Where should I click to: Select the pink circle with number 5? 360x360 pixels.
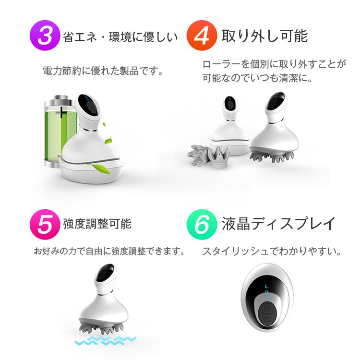[x=44, y=224]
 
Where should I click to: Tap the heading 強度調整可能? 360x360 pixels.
[x=97, y=224]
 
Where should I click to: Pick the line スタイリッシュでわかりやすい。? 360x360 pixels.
[x=272, y=251]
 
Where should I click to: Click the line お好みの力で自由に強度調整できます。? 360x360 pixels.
[x=109, y=251]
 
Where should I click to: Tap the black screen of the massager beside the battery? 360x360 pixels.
[x=88, y=102]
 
